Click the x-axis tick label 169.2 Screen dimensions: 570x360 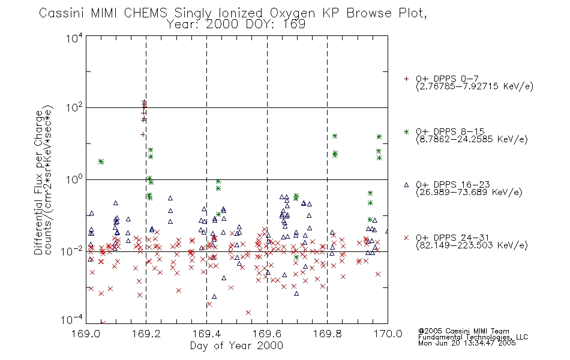coord(146,334)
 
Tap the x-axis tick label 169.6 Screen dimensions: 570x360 coord(267,334)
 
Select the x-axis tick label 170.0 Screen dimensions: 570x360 coord(388,334)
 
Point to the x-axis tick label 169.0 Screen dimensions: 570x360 coord(86,334)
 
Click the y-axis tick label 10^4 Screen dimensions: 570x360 coord(74,38)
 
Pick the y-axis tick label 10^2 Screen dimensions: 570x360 coord(74,107)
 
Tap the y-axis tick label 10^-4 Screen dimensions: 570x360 coord(72,320)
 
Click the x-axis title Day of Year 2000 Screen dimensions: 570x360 coord(236,346)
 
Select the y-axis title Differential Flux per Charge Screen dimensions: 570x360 coord(38,182)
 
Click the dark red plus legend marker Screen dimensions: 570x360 coord(406,79)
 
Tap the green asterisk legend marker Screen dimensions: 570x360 coord(406,131)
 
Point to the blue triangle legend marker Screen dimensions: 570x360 coord(406,185)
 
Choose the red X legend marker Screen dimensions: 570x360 coord(406,238)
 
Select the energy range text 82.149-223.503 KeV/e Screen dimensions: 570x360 coord(472,245)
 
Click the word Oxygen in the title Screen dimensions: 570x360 coord(292,13)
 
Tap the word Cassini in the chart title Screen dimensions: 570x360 coord(61,13)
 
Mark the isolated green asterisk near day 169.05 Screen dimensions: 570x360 coord(101,161)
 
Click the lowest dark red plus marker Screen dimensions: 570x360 coord(143,134)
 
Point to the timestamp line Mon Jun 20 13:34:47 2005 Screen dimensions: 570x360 coord(467,343)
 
